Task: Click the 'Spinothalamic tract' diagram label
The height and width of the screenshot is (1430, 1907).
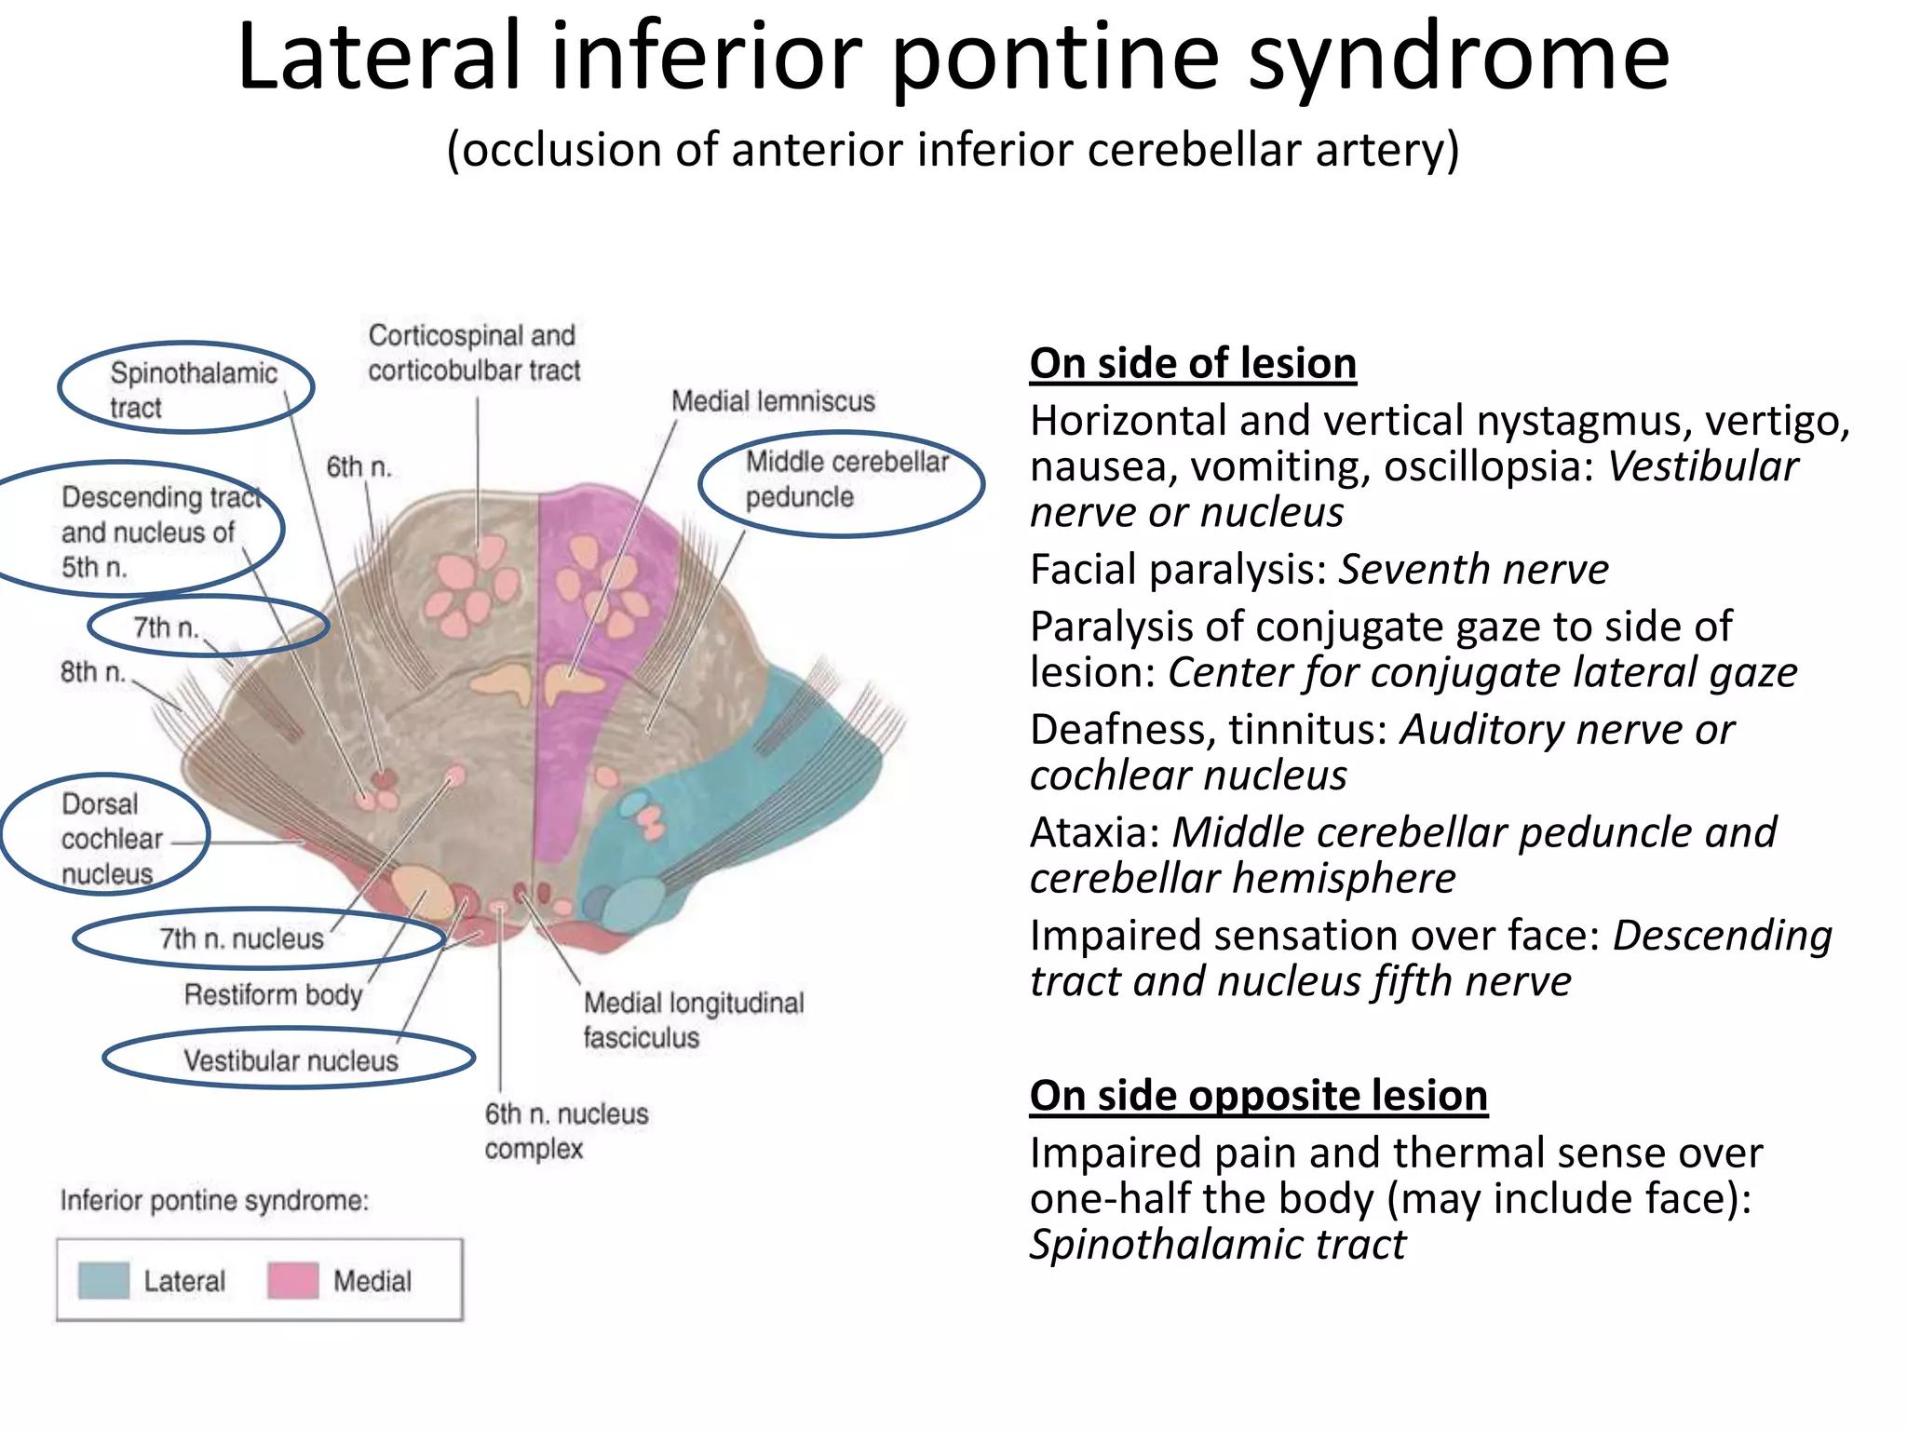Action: pos(193,390)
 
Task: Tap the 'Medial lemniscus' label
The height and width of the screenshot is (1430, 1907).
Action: pos(773,401)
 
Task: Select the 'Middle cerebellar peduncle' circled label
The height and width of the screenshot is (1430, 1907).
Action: pos(845,479)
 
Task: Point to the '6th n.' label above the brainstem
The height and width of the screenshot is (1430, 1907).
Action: pos(358,466)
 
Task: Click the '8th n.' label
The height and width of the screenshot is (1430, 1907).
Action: pos(92,671)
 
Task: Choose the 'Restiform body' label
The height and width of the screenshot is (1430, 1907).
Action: pos(273,995)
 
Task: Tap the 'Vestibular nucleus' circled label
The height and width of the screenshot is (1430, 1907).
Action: pos(291,1060)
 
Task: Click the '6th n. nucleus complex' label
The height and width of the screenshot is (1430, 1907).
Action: pos(565,1130)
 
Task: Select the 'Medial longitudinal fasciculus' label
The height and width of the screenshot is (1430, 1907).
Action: pos(693,1019)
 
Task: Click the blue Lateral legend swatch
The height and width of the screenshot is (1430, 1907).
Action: pos(103,1281)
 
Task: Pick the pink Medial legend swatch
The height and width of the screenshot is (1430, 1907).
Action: pos(292,1281)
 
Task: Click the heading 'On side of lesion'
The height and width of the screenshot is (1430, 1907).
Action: pos(1193,363)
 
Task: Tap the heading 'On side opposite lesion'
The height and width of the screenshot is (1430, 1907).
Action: pos(1258,1096)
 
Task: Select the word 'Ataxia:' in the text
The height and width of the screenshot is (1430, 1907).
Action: pos(1094,832)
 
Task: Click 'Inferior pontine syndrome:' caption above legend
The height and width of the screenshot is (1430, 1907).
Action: pos(214,1200)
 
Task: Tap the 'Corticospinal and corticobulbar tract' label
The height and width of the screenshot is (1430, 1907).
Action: pos(473,353)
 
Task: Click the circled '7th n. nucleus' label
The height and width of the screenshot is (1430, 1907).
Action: pos(241,938)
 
